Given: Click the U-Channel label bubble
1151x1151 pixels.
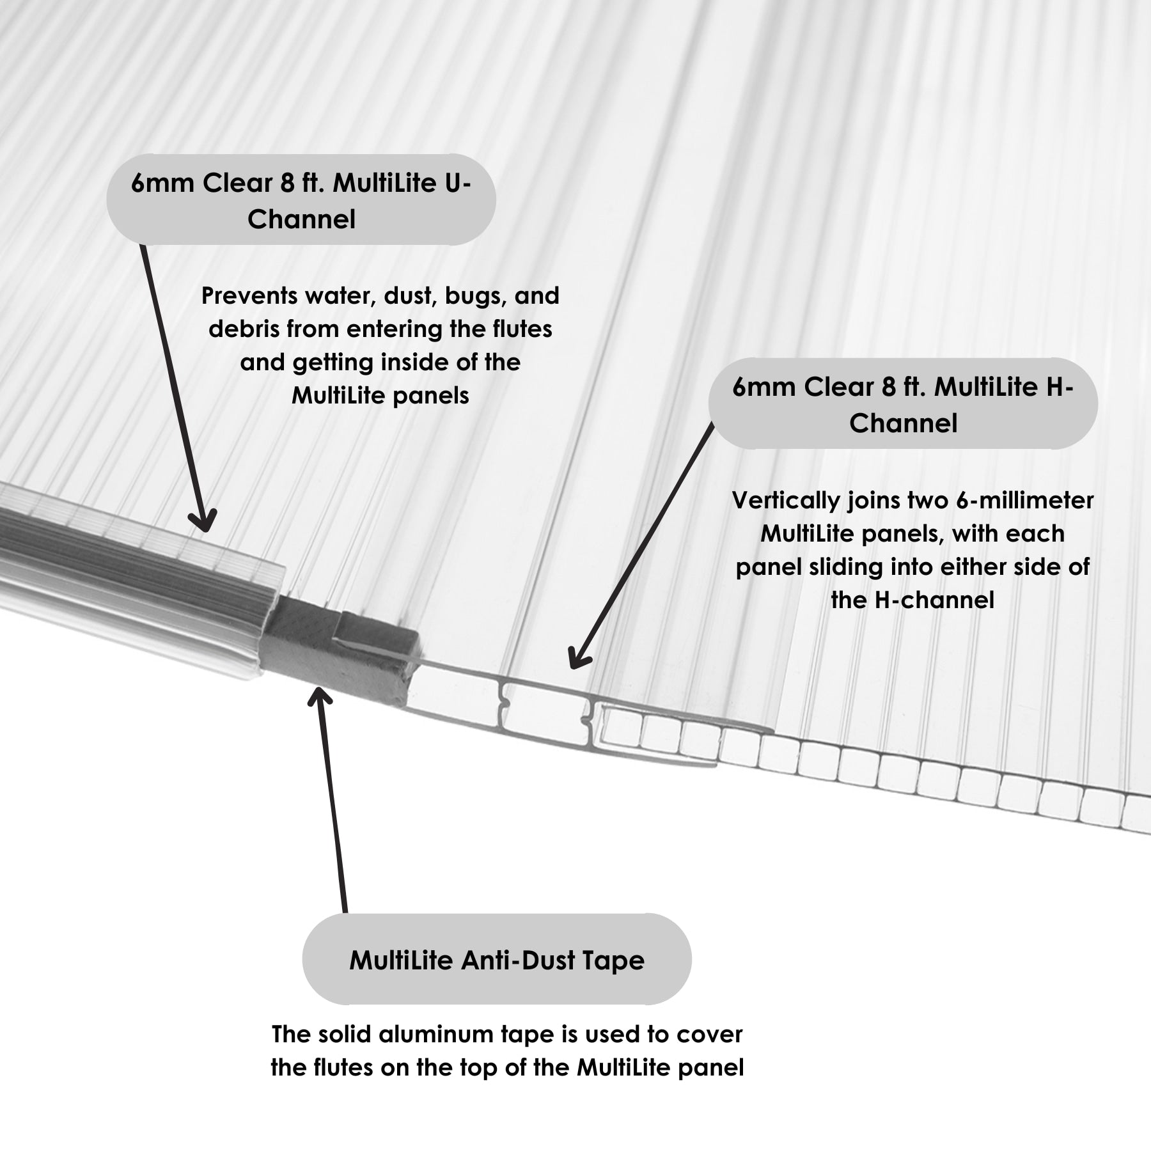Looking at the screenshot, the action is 301,200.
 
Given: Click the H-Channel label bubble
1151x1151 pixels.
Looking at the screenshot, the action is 903,403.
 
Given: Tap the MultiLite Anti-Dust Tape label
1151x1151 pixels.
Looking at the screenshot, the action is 497,960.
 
